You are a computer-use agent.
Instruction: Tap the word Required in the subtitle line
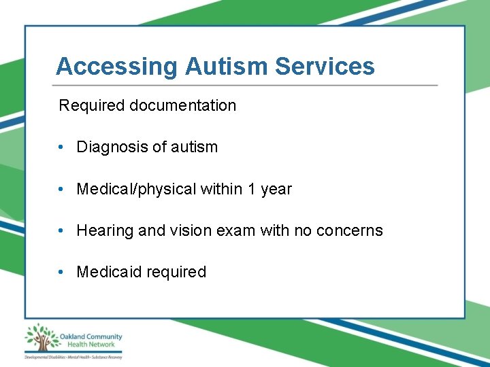point(92,106)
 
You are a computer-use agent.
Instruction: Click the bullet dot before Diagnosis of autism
point(61,147)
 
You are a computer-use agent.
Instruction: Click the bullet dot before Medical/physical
point(61,190)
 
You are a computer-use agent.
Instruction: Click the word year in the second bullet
point(276,190)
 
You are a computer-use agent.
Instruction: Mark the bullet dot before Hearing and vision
point(61,231)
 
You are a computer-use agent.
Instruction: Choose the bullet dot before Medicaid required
point(61,273)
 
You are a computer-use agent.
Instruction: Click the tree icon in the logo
point(41,337)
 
